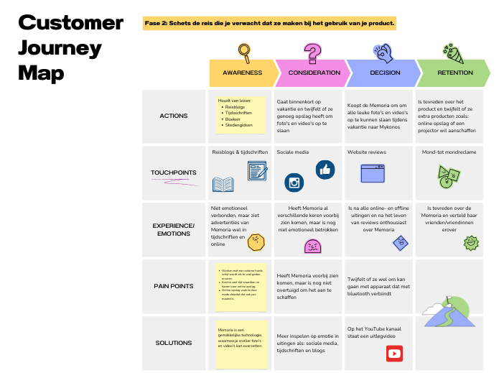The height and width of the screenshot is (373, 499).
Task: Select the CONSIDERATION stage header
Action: (313, 73)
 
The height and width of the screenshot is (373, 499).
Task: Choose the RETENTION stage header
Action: (454, 73)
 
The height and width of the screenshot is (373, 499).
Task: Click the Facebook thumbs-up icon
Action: (325, 169)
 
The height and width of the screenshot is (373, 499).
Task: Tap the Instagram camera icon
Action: (294, 183)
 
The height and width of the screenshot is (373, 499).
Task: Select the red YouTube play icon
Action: (394, 354)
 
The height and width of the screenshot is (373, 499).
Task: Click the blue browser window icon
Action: (373, 173)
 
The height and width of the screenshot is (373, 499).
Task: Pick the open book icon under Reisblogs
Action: (223, 185)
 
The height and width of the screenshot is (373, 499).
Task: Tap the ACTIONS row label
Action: (174, 116)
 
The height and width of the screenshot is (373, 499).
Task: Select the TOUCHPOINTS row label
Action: (174, 172)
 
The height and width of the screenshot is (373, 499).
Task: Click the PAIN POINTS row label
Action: (174, 286)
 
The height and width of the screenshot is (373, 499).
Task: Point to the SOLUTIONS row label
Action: (174, 343)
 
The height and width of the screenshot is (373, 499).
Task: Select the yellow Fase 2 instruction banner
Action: (270, 23)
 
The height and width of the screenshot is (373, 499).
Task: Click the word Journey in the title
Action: (60, 48)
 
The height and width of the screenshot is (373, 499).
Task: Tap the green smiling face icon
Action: (471, 242)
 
